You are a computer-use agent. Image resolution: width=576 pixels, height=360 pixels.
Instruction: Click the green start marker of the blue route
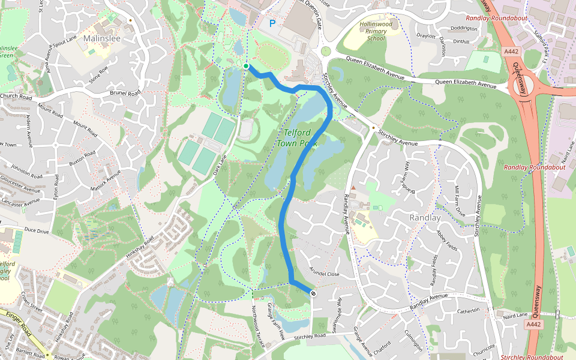tap(247, 65)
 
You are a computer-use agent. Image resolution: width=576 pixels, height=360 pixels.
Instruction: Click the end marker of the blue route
tap(313, 293)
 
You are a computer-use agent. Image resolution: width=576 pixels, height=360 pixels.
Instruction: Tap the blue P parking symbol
tap(272, 24)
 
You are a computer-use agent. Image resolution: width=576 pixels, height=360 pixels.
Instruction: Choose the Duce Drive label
tap(37, 230)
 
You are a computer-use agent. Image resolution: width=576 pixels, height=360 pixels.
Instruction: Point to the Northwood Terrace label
tap(258, 325)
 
